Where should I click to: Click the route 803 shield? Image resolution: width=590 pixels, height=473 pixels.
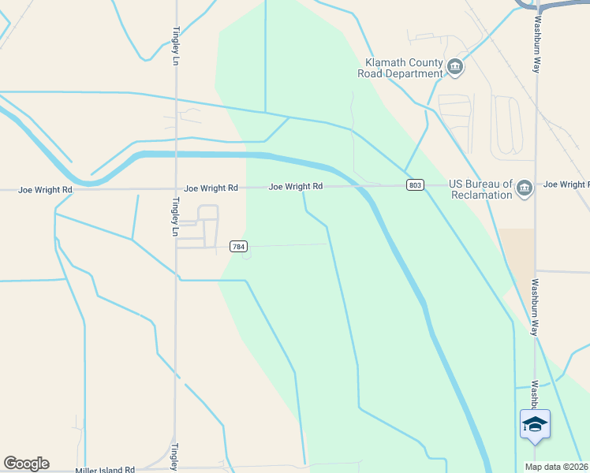(416, 185)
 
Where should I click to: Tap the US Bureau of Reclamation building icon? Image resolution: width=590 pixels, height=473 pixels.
(525, 188)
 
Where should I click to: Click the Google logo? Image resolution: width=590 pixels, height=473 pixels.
(26, 464)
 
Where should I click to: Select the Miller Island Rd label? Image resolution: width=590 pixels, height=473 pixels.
(105, 470)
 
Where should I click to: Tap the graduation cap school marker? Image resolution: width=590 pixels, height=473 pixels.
(535, 425)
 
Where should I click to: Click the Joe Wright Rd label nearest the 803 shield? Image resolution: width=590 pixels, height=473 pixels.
(296, 187)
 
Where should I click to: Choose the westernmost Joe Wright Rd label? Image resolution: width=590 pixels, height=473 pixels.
(46, 190)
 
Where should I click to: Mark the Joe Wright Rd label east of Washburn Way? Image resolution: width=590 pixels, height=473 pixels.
(566, 184)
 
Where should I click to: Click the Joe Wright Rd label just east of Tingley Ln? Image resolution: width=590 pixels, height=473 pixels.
(211, 188)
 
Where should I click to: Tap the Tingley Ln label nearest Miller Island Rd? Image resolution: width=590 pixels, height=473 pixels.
(175, 456)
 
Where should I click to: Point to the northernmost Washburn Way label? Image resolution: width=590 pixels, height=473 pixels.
(537, 44)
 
